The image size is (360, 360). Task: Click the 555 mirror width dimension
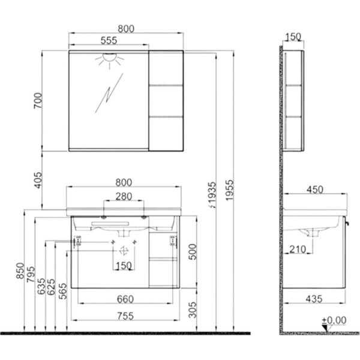(x=109, y=41)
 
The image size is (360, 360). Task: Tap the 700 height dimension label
(x=38, y=101)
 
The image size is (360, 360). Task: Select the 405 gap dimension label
(x=38, y=180)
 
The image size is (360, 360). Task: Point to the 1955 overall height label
(x=229, y=190)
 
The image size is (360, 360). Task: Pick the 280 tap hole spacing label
(x=124, y=197)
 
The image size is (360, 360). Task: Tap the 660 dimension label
(x=125, y=299)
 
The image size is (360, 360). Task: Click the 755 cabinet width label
(x=125, y=316)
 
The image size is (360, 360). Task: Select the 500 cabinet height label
(x=193, y=252)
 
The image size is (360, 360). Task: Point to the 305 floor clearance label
(x=193, y=310)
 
